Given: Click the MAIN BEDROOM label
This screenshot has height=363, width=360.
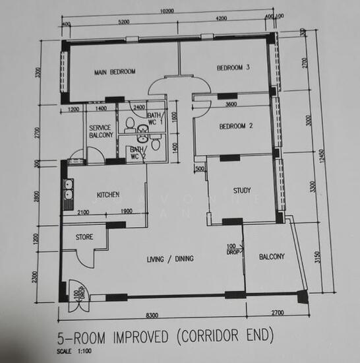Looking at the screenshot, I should (x=114, y=71).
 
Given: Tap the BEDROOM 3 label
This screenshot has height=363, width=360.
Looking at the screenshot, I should (x=233, y=67).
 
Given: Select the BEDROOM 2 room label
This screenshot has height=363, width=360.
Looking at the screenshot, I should (x=235, y=126).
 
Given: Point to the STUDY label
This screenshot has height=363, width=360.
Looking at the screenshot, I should (x=242, y=191).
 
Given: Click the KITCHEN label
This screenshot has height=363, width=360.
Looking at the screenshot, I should (x=107, y=195).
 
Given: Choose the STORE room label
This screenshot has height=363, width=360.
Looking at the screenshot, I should (x=84, y=236).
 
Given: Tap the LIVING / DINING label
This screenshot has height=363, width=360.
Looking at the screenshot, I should (x=170, y=259).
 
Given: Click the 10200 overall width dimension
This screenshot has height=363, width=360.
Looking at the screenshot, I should (x=167, y=11).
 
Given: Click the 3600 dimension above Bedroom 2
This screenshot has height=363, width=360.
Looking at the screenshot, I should (x=231, y=104).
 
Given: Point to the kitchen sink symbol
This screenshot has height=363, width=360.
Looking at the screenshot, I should (x=67, y=195).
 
